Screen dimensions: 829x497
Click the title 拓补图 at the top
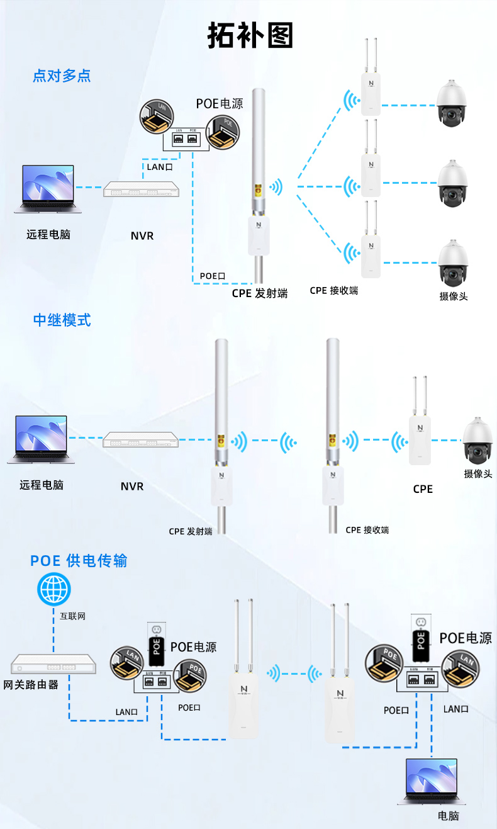(250, 35)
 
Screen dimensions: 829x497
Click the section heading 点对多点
(62, 76)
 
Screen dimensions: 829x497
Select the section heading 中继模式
(62, 320)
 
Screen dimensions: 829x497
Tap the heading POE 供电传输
(79, 560)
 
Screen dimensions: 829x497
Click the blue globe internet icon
(54, 590)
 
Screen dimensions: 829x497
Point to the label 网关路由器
(31, 684)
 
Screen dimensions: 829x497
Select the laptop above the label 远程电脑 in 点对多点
(48, 188)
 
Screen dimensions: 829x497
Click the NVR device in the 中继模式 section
(140, 439)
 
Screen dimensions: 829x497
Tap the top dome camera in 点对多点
(453, 104)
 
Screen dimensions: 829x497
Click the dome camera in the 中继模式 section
(479, 440)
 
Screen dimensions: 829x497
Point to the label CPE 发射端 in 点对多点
(260, 293)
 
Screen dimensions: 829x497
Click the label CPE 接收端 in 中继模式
(367, 530)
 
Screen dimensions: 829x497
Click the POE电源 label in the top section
(220, 103)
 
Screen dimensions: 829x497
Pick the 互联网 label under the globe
(72, 616)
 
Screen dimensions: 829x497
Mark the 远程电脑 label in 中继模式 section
(42, 485)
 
